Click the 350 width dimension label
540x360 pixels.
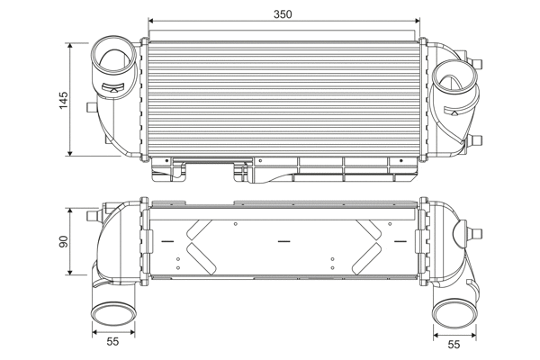point(283,14)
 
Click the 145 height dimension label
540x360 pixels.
point(64,100)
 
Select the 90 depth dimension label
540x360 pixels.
point(64,241)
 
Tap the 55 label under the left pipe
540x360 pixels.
point(112,342)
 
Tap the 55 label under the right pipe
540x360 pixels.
point(454,345)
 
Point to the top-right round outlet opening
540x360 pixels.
point(454,79)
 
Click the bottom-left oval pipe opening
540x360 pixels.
point(113,313)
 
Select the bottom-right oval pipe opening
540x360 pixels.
point(454,313)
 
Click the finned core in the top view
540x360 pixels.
point(284,98)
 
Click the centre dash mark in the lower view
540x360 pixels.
point(283,241)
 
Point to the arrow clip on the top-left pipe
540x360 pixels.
point(113,88)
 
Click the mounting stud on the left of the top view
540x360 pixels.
point(92,107)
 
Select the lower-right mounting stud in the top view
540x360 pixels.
point(476,140)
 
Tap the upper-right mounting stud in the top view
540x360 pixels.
point(477,64)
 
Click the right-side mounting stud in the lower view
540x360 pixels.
point(475,233)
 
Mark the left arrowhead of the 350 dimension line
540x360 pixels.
point(150,21)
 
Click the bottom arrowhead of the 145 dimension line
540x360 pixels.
point(70,153)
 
